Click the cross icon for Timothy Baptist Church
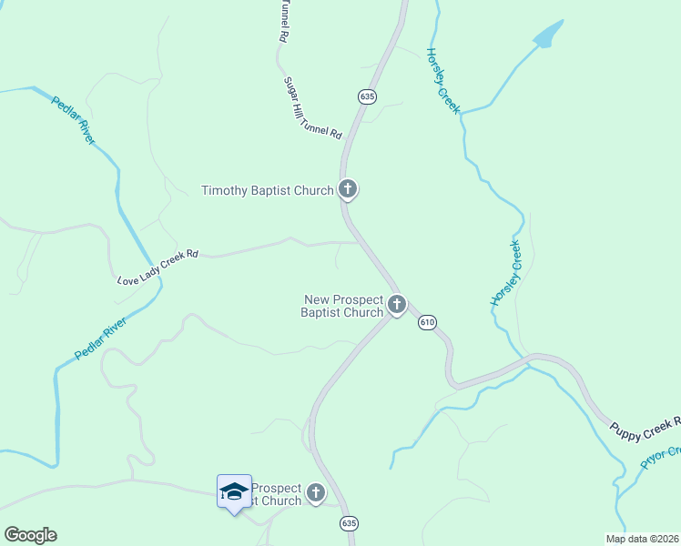(x=347, y=189)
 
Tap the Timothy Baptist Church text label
(x=268, y=190)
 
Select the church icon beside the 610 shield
(x=396, y=305)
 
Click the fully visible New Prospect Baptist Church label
(x=343, y=306)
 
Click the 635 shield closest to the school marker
(x=349, y=523)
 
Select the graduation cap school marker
(x=234, y=491)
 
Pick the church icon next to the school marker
(x=315, y=493)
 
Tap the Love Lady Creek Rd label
(x=158, y=268)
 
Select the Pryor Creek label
(x=660, y=457)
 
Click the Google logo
(x=30, y=535)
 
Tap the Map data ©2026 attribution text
(x=642, y=538)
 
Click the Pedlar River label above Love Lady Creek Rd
(x=73, y=120)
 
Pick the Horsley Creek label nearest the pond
(x=443, y=81)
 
